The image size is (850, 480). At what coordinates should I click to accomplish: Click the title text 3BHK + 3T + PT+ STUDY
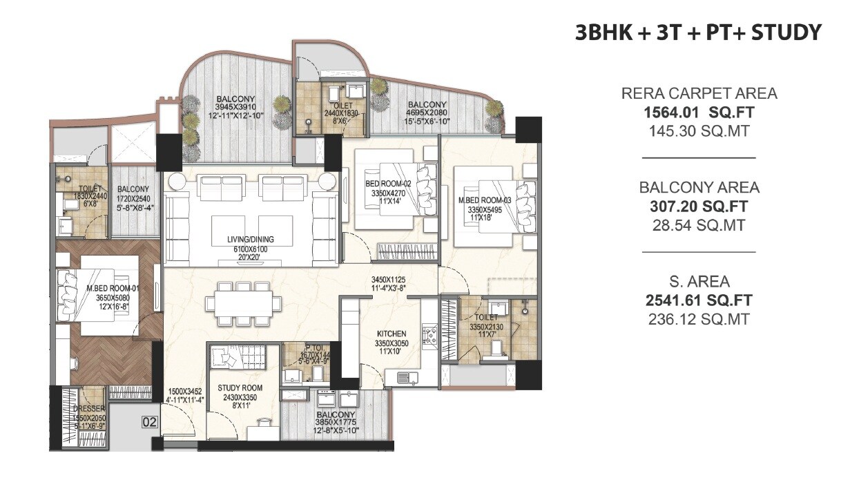point(699,32)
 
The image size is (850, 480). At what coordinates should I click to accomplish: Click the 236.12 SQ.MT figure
point(699,319)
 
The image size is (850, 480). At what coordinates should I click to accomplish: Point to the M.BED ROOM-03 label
point(484,200)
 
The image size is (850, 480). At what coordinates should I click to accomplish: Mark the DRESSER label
point(88,409)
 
